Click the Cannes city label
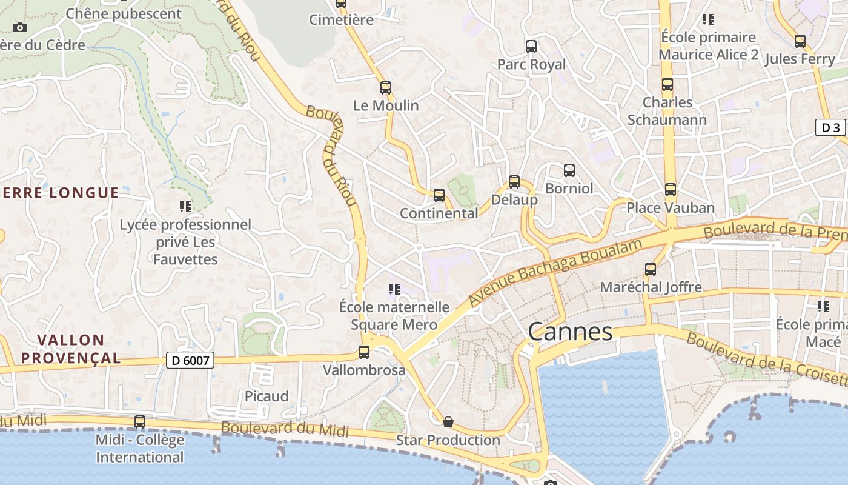coord(570,332)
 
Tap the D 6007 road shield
coord(190,361)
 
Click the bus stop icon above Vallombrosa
coord(364,352)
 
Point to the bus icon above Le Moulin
coord(386,88)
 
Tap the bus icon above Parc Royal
coord(531,47)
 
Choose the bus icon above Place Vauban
coord(670,190)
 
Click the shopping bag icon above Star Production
coord(448,422)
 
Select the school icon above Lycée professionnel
coord(185,207)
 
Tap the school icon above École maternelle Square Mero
coord(394,289)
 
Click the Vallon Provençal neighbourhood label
coord(71,349)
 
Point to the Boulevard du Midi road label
coord(285,429)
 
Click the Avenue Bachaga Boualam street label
coord(555,272)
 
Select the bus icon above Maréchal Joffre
coord(651,269)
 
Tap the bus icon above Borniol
coord(569,170)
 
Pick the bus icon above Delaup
coord(514,181)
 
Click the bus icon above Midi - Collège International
coord(140,422)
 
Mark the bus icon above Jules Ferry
coord(800,41)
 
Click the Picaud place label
coord(267,396)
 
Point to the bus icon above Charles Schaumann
coord(667,84)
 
